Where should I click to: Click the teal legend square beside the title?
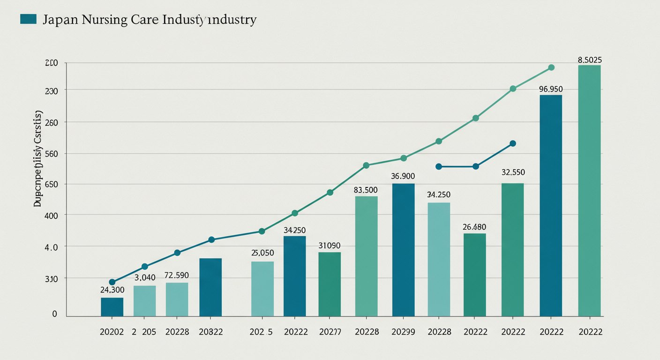point(29,19)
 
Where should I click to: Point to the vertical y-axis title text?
point(38,159)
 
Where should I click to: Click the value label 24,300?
point(112,290)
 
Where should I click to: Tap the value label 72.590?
point(177,275)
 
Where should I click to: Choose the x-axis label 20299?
point(403,331)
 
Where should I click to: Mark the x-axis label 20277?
point(330,331)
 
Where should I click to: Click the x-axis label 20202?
point(112,331)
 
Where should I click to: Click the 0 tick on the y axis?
point(54,314)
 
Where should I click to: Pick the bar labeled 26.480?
point(474,275)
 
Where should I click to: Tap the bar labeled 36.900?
point(403,250)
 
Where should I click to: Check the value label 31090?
point(329,246)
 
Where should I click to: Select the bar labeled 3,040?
point(144,301)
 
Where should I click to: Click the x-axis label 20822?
point(210,331)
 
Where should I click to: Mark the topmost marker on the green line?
point(551,67)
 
